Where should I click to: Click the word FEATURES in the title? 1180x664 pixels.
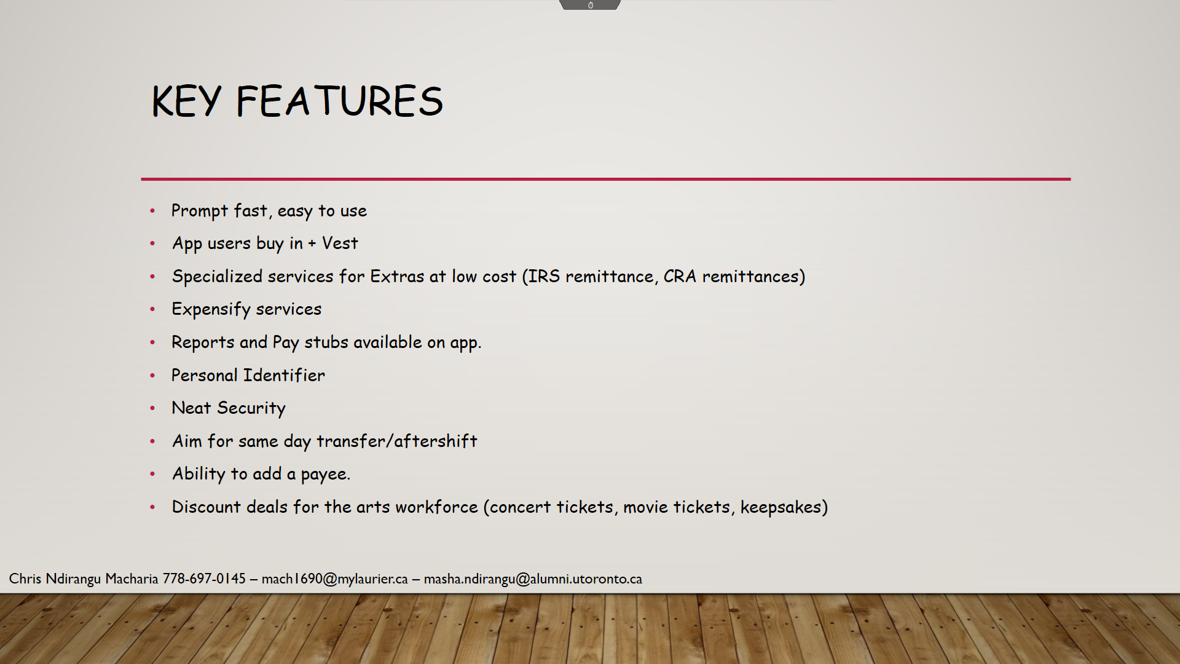pyautogui.click(x=339, y=101)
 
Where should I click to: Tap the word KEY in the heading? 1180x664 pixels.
pyautogui.click(x=186, y=101)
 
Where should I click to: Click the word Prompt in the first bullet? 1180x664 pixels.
pyautogui.click(x=199, y=211)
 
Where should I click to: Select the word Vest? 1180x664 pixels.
pyautogui.click(x=340, y=243)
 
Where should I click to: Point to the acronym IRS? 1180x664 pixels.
pyautogui.click(x=544, y=277)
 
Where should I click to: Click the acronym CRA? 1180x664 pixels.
pyautogui.click(x=679, y=277)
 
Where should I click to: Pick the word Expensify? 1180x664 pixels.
pyautogui.click(x=211, y=309)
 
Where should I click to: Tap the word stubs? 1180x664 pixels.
pyautogui.click(x=326, y=342)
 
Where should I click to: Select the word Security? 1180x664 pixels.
pyautogui.click(x=251, y=408)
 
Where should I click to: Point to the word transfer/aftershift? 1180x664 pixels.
pyautogui.click(x=396, y=441)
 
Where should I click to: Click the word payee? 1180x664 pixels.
pyautogui.click(x=325, y=475)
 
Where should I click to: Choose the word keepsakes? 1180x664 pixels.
pyautogui.click(x=781, y=507)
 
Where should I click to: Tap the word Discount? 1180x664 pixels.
pyautogui.click(x=206, y=507)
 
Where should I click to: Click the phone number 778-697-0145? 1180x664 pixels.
pyautogui.click(x=204, y=579)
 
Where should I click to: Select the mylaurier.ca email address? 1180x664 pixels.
pyautogui.click(x=334, y=579)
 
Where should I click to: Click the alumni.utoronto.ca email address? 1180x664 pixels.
pyautogui.click(x=533, y=579)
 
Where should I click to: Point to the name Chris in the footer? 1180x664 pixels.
pyautogui.click(x=25, y=579)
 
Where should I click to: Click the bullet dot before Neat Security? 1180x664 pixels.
pyautogui.click(x=152, y=408)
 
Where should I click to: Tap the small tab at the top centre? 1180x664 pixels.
pyautogui.click(x=590, y=5)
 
